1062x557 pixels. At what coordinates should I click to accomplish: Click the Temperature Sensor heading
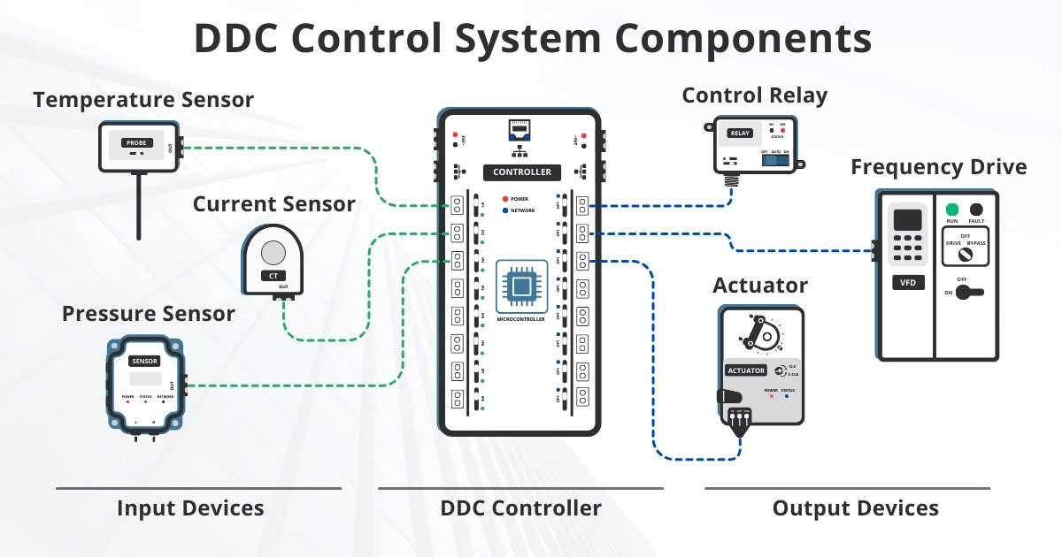pyautogui.click(x=143, y=100)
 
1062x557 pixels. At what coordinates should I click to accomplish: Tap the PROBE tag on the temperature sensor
pyautogui.click(x=137, y=142)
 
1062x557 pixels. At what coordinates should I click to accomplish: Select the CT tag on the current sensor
pyautogui.click(x=273, y=276)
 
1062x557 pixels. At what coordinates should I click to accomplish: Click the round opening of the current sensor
pyautogui.click(x=273, y=253)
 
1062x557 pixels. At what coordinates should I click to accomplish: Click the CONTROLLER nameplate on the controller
pyautogui.click(x=521, y=172)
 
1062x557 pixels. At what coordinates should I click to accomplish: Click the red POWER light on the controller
pyautogui.click(x=504, y=199)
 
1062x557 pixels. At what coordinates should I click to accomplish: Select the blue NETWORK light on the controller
pyautogui.click(x=504, y=210)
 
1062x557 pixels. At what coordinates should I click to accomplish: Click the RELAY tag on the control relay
pyautogui.click(x=739, y=134)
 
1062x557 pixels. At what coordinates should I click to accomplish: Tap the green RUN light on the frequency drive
pyautogui.click(x=952, y=210)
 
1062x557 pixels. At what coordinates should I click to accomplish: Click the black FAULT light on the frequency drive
pyautogui.click(x=976, y=210)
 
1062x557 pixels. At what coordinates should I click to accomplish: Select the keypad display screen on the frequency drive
pyautogui.click(x=907, y=220)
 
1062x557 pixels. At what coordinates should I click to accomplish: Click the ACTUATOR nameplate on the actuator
pyautogui.click(x=745, y=370)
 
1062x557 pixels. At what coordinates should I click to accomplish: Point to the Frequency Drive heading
pyautogui.click(x=939, y=167)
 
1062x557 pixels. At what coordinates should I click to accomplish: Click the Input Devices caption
pyautogui.click(x=190, y=508)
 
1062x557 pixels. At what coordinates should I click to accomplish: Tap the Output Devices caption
pyautogui.click(x=855, y=508)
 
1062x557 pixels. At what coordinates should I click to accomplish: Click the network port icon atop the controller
pyautogui.click(x=520, y=131)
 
